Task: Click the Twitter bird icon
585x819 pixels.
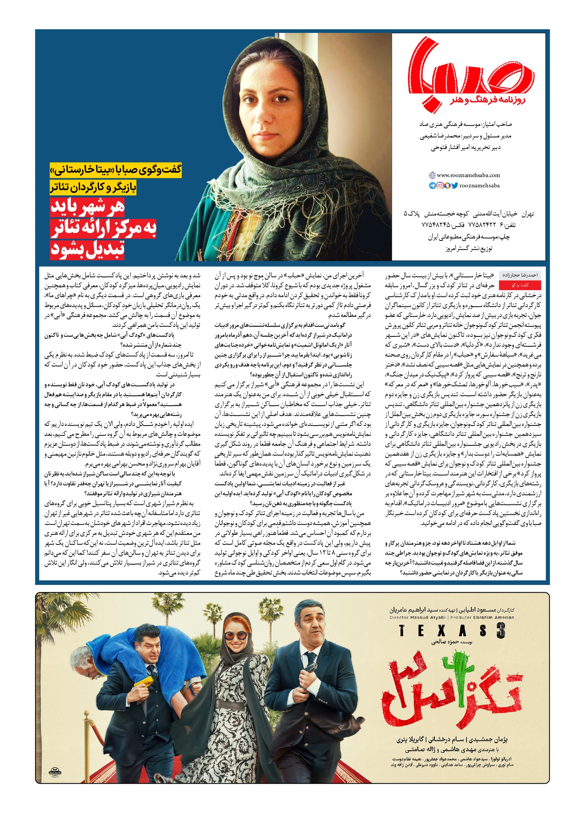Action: pyautogui.click(x=454, y=185)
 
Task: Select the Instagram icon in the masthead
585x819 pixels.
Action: pyautogui.click(x=440, y=185)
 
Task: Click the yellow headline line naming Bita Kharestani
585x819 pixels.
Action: pyautogui.click(x=116, y=170)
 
